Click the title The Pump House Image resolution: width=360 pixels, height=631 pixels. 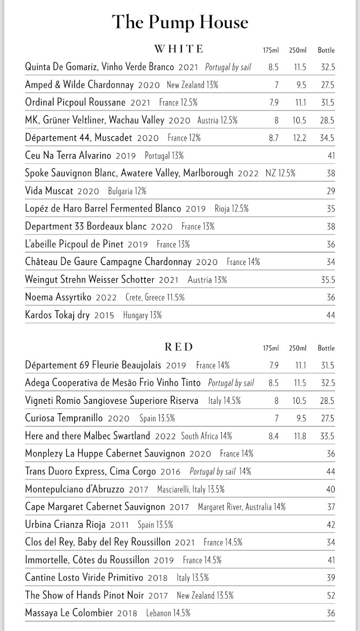point(180,23)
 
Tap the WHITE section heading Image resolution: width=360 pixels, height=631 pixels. point(178,49)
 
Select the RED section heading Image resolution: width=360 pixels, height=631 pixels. point(179,347)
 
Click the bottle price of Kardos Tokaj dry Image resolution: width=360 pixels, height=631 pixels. point(330,315)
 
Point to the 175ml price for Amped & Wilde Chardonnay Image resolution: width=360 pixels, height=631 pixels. point(275,85)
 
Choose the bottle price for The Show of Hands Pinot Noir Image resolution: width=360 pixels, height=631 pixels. point(330,595)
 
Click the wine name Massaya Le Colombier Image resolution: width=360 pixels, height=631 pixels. point(69,613)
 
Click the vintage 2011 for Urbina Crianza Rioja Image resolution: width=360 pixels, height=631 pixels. point(119,525)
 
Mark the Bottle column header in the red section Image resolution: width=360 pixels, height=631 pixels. point(326,348)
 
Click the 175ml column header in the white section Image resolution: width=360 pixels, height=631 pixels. point(271,50)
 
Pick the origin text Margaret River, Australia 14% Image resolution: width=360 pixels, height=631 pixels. point(242,507)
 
